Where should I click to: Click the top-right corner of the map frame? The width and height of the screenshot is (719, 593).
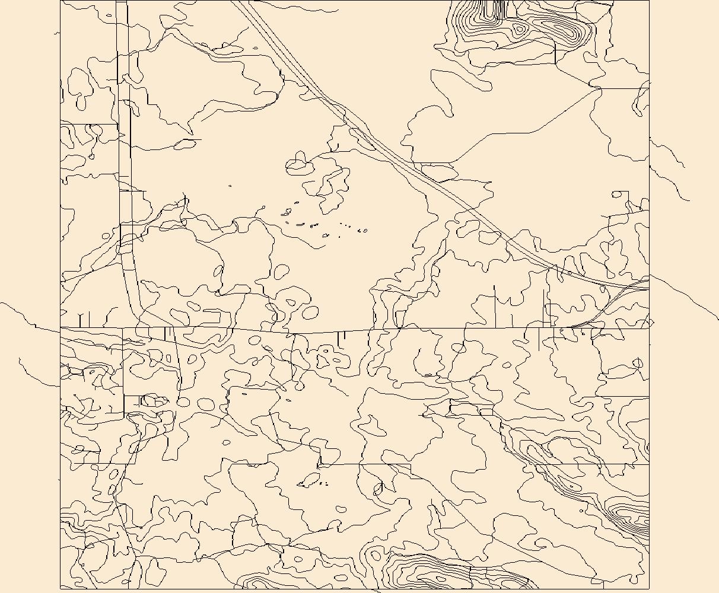pyautogui.click(x=649, y=1)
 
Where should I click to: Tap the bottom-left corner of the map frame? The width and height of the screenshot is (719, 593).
pyautogui.click(x=61, y=589)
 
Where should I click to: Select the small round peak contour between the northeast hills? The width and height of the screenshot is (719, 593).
pyautogui.click(x=520, y=28)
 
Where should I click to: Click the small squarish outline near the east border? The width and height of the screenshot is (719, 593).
pyautogui.click(x=620, y=195)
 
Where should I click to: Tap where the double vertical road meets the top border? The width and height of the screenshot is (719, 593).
pyautogui.click(x=122, y=1)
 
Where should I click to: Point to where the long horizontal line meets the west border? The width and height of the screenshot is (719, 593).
pyautogui.click(x=61, y=327)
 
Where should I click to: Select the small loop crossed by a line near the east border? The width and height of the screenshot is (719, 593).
pyautogui.click(x=638, y=362)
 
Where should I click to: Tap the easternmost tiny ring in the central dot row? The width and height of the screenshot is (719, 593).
pyautogui.click(x=364, y=230)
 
